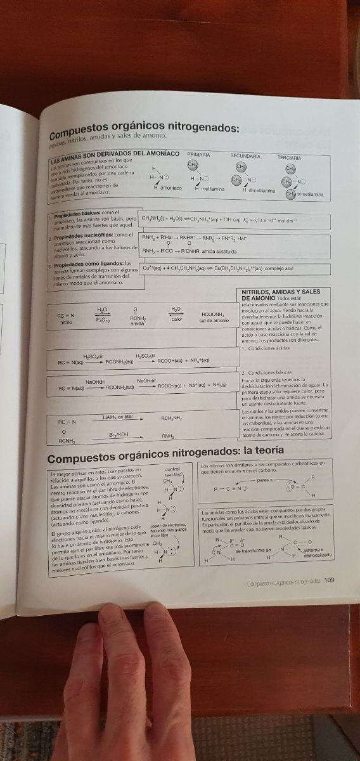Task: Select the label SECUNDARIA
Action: click(x=245, y=155)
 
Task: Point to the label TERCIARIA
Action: click(x=289, y=157)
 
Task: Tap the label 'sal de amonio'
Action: click(x=214, y=321)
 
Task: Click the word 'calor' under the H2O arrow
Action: click(x=177, y=320)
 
